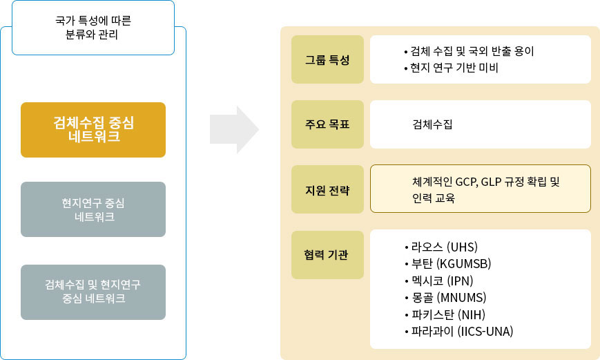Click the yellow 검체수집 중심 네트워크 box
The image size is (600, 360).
pyautogui.click(x=93, y=130)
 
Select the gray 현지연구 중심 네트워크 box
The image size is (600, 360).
pyautogui.click(x=93, y=209)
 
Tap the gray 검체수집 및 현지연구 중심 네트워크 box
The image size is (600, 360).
pyautogui.click(x=93, y=292)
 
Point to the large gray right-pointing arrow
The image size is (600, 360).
pyautogui.click(x=234, y=129)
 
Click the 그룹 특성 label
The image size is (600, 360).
pyautogui.click(x=327, y=59)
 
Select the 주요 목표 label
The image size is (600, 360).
pyautogui.click(x=327, y=124)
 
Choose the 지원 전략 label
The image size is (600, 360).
pyautogui.click(x=327, y=189)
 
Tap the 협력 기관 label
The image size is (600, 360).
pyautogui.click(x=327, y=255)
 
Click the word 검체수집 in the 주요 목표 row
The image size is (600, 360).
pyautogui.click(x=432, y=124)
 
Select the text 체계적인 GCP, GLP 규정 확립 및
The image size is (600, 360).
pyautogui.click(x=485, y=182)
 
